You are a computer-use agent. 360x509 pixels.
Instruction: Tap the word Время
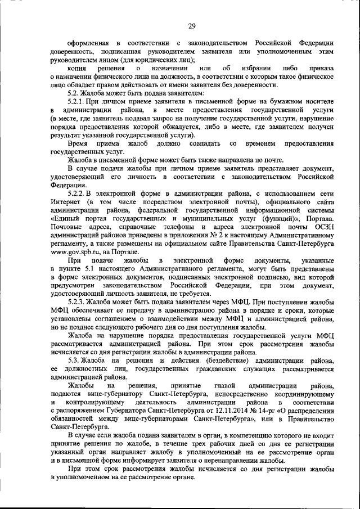pos(78,143)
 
